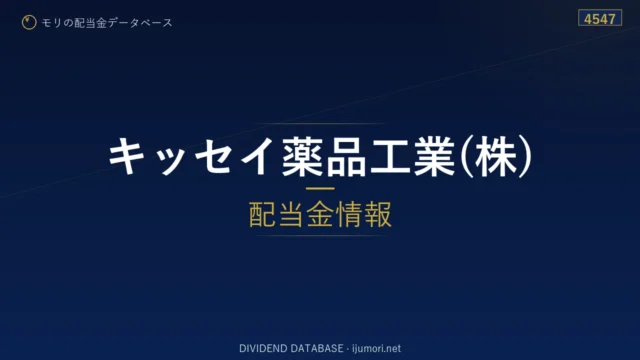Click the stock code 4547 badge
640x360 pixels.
tap(600, 18)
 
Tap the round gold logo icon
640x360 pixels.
tap(29, 22)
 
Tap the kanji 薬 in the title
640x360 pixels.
tap(303, 157)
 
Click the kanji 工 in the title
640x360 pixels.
tap(390, 157)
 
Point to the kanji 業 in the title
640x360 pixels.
tap(434, 157)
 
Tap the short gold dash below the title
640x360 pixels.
tap(320, 189)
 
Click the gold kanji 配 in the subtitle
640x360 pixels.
tap(262, 214)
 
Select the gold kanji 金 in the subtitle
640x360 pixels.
tap(320, 214)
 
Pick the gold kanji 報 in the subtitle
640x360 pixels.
tap(378, 214)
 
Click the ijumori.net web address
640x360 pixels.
tap(376, 349)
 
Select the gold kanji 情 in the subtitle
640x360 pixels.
tap(349, 214)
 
